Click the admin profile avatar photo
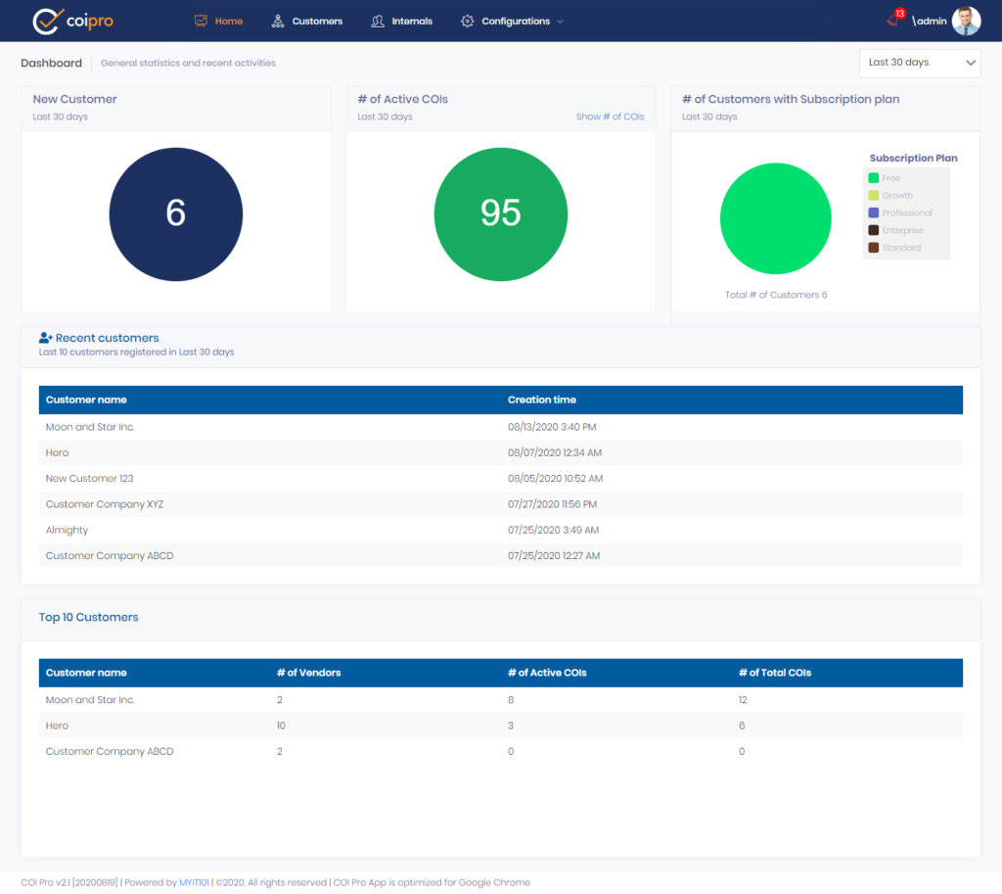click(x=966, y=21)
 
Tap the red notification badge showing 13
click(x=899, y=14)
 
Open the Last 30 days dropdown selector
click(x=919, y=63)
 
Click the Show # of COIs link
click(x=610, y=117)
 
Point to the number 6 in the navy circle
click(x=176, y=212)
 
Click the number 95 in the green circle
click(x=500, y=212)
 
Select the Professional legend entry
click(x=906, y=212)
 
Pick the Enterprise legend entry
click(x=902, y=230)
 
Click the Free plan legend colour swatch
click(x=873, y=178)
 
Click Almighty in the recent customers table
click(x=67, y=530)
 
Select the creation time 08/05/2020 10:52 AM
click(x=555, y=479)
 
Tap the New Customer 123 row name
click(x=89, y=479)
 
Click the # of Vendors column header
click(x=308, y=673)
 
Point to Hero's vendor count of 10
click(x=282, y=726)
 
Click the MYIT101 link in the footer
click(x=194, y=882)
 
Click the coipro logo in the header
click(x=72, y=21)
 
